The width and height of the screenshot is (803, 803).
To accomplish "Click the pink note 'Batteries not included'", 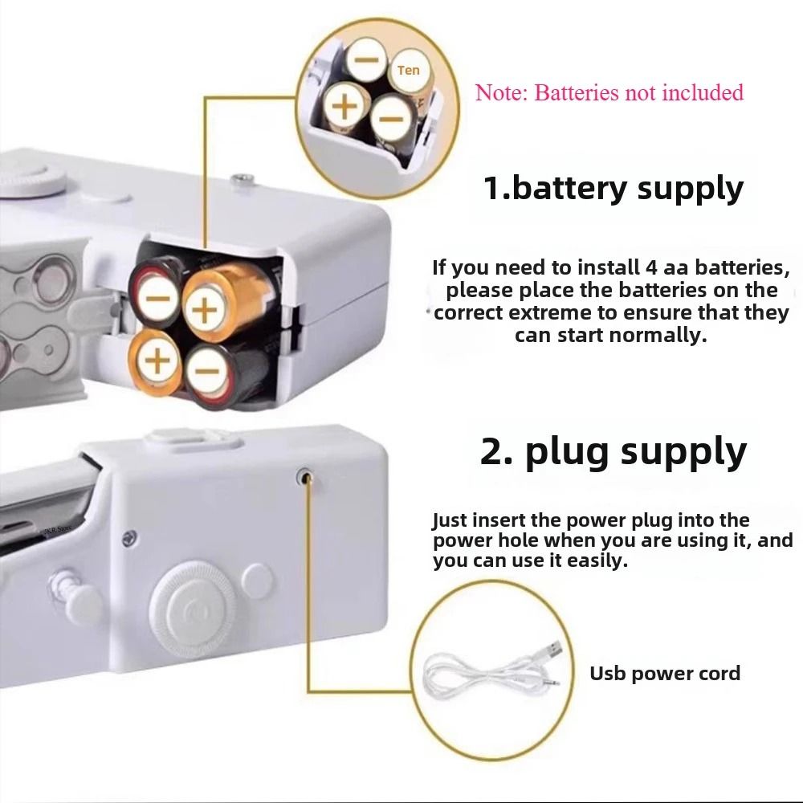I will coord(609,92).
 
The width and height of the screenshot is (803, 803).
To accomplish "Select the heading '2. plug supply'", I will coord(613,451).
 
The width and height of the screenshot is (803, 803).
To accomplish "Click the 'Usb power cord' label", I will coord(665,673).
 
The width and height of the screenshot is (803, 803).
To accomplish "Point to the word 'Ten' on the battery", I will coord(409,71).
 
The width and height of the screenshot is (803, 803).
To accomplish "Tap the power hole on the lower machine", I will coord(305,477).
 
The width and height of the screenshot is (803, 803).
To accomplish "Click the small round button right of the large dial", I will coord(257,577).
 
